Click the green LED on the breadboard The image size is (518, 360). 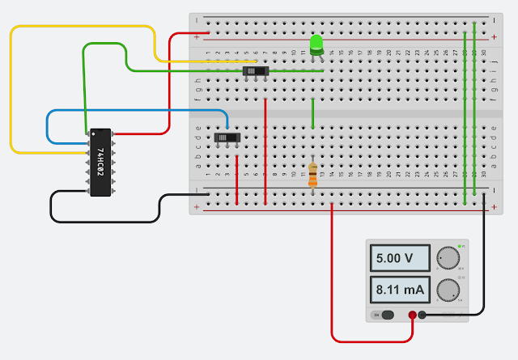tap(316, 44)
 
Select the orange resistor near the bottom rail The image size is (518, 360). tap(313, 175)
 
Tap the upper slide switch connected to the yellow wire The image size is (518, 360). tap(256, 72)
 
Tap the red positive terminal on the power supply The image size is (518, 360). tap(412, 315)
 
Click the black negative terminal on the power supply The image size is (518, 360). tap(422, 315)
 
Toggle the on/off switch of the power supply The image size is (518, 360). tap(384, 315)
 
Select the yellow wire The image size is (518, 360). tap(11, 89)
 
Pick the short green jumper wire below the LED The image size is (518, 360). tap(313, 113)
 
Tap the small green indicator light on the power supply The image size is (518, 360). tap(461, 245)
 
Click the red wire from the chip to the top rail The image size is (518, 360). tap(168, 81)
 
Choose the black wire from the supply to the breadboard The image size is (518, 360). tap(484, 259)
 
